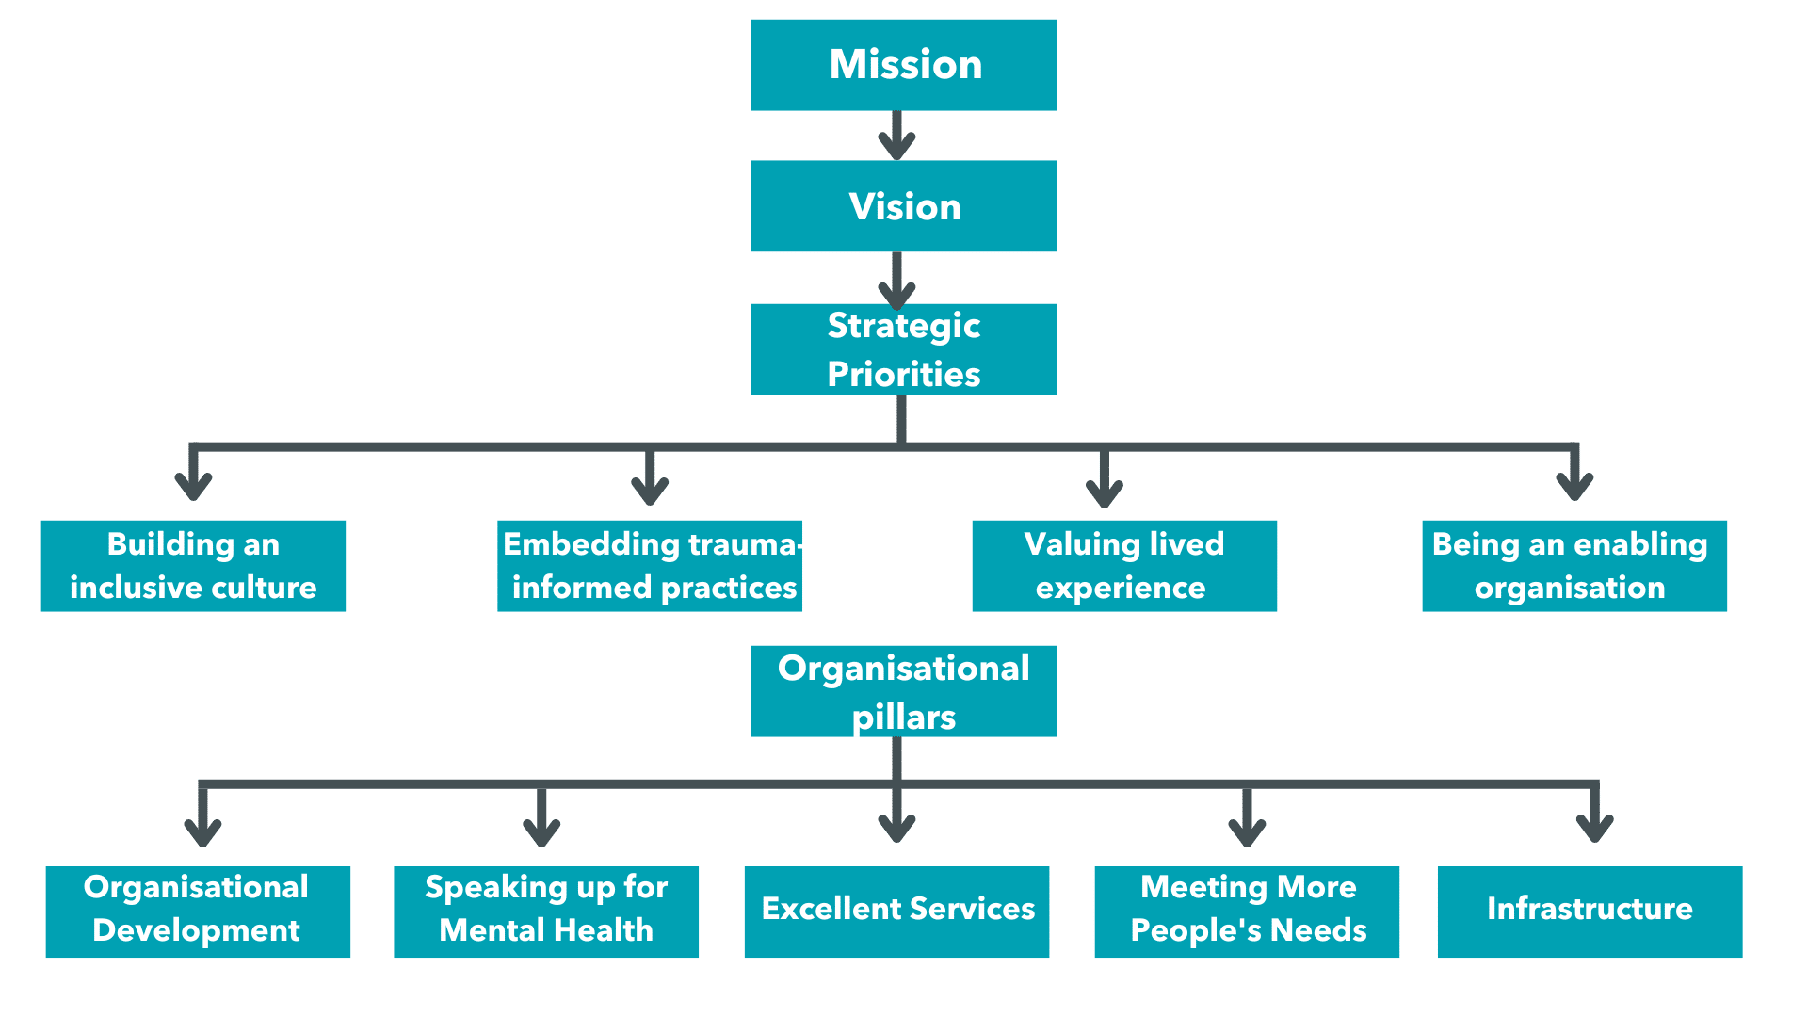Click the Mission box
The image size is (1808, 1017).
(903, 65)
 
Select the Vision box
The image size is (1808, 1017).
(903, 206)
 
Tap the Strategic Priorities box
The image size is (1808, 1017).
(903, 349)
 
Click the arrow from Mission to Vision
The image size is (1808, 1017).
(896, 136)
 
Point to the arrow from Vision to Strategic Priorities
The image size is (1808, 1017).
(896, 279)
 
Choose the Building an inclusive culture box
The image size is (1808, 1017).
(193, 566)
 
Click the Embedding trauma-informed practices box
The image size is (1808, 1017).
(650, 566)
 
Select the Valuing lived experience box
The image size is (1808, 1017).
(1124, 566)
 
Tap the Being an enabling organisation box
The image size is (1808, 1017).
(1574, 566)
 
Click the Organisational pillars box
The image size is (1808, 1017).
(903, 691)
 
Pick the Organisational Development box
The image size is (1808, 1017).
(198, 912)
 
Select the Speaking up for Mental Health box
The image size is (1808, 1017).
(546, 912)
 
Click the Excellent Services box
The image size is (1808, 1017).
(896, 912)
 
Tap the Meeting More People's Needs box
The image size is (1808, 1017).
(1247, 912)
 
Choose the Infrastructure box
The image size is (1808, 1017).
(1590, 912)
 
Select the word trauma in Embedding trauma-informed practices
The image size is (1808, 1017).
(743, 544)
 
